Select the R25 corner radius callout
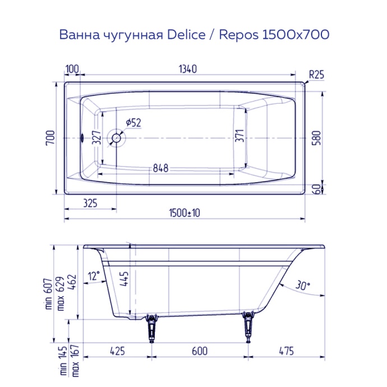click(x=316, y=73)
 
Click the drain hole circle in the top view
click(x=117, y=137)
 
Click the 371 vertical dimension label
click(x=240, y=137)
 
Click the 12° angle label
click(x=94, y=275)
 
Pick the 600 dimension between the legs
click(x=199, y=351)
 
